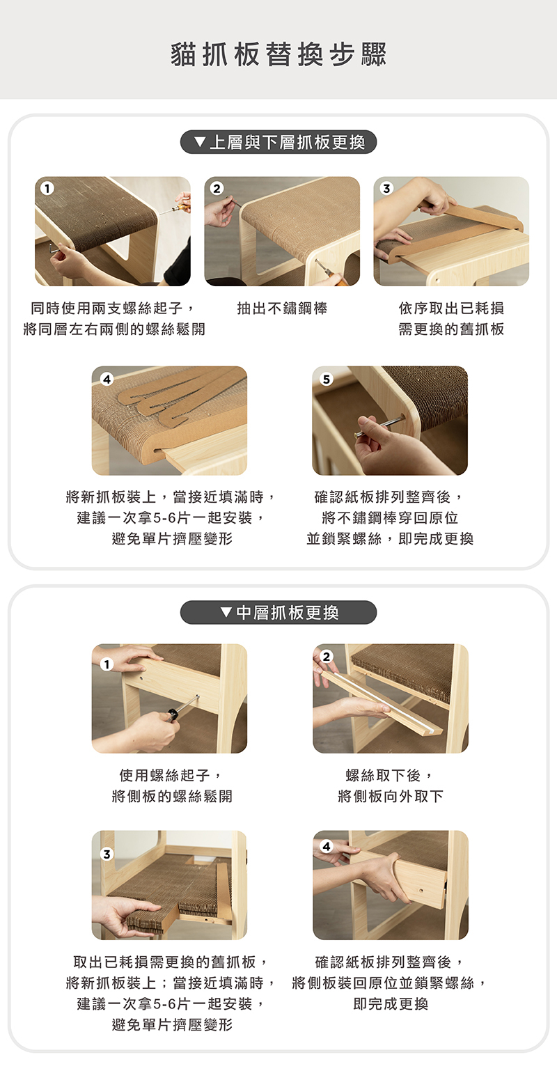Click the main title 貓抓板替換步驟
coord(278,54)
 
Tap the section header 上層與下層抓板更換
coord(288,142)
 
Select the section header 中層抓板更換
coord(288,612)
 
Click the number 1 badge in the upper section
coord(47,189)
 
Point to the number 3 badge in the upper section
coord(386,189)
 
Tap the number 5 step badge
coord(326,379)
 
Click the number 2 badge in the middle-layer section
coord(326,657)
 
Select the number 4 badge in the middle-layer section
coord(326,846)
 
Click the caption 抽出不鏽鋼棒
coord(282,308)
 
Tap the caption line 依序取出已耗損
coord(451,308)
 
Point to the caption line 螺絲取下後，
coord(390,774)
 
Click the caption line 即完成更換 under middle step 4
coord(390,1003)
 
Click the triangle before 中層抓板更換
coord(226,612)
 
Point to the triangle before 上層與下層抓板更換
coord(201,142)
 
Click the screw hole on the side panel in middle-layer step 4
coord(421,891)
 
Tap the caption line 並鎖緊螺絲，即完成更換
coord(390,539)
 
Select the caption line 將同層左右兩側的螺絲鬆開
coord(114,329)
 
